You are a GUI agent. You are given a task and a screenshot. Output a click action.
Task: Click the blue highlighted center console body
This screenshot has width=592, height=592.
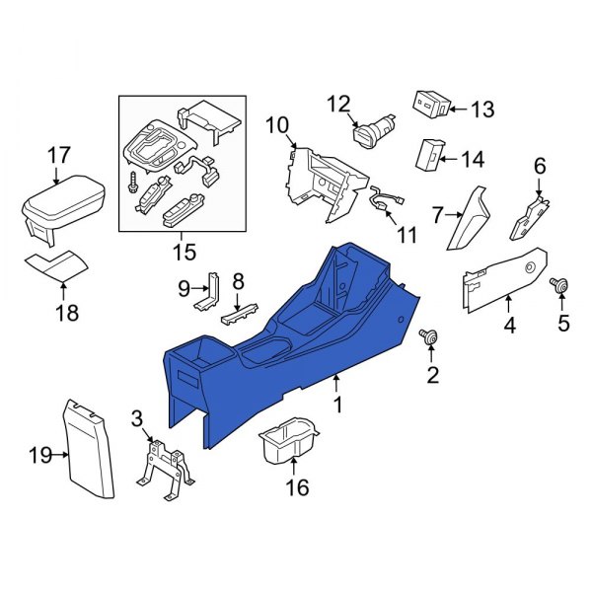296,345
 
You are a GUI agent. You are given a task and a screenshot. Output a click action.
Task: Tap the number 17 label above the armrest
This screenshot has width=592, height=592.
58,154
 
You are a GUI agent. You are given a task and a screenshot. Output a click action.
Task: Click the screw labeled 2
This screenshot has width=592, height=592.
430,336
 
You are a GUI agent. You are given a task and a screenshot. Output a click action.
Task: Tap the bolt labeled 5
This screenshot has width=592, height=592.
559,286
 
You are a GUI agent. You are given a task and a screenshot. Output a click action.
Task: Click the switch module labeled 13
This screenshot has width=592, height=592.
432,103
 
